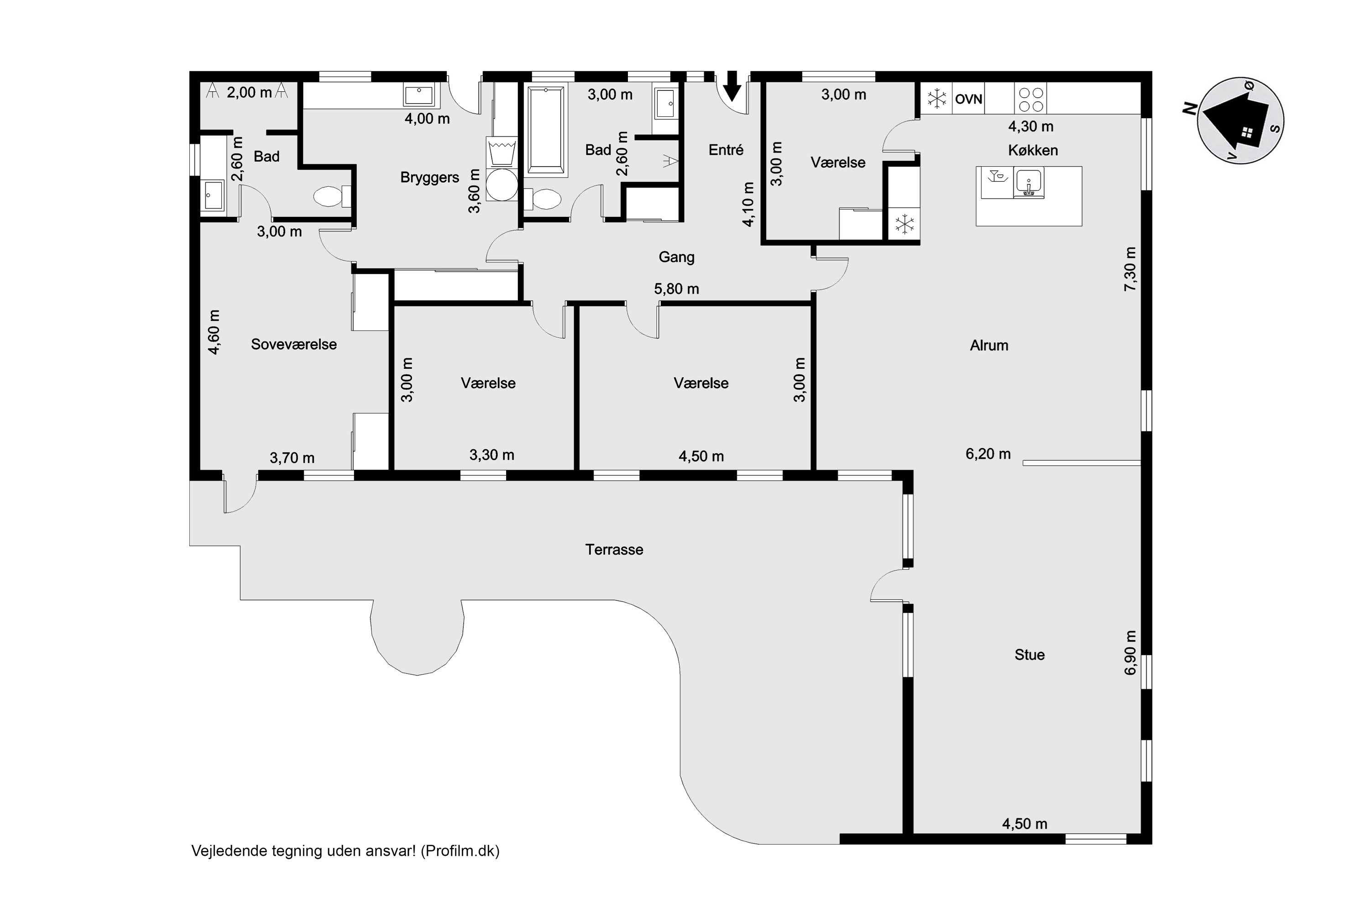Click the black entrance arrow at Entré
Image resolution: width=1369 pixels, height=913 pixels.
click(732, 86)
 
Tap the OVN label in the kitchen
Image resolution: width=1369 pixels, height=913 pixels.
click(968, 99)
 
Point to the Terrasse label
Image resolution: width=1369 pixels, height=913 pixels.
click(614, 550)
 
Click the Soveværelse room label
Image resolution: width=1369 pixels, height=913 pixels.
click(294, 344)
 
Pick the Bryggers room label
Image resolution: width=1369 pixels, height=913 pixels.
click(429, 178)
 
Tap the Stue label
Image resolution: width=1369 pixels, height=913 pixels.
click(1029, 655)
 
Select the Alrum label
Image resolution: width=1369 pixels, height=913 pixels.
click(989, 345)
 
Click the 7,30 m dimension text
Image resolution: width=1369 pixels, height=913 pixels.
click(1130, 270)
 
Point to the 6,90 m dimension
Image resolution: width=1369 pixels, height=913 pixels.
click(1130, 653)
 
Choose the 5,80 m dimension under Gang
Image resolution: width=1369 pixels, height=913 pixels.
click(676, 289)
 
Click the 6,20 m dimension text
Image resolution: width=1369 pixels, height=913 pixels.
click(988, 454)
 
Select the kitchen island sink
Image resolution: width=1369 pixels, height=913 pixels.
click(1029, 182)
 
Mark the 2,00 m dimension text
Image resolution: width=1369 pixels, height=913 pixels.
click(249, 93)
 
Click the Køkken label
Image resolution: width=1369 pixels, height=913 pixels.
click(1033, 150)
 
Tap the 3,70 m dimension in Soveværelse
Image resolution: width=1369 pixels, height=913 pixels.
click(292, 458)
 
